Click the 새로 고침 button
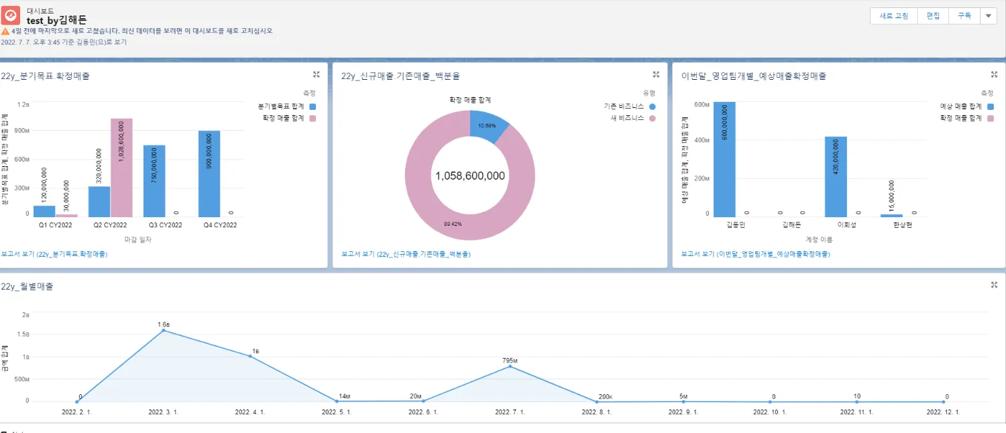coord(893,16)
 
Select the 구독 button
coord(964,16)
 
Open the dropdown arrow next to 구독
coord(989,16)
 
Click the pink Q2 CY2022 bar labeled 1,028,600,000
coord(121,168)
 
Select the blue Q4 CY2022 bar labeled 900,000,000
coord(209,174)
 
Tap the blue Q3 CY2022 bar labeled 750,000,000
coord(154,181)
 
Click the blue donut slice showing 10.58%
coord(488,126)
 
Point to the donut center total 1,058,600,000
coord(469,176)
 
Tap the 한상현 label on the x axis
coord(902,225)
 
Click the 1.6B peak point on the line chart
coord(164,330)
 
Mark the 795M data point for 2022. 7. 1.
coord(510,366)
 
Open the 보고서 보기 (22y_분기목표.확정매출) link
coord(54,255)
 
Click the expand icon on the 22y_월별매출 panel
coord(994,285)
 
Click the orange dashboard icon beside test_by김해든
coord(11,15)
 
